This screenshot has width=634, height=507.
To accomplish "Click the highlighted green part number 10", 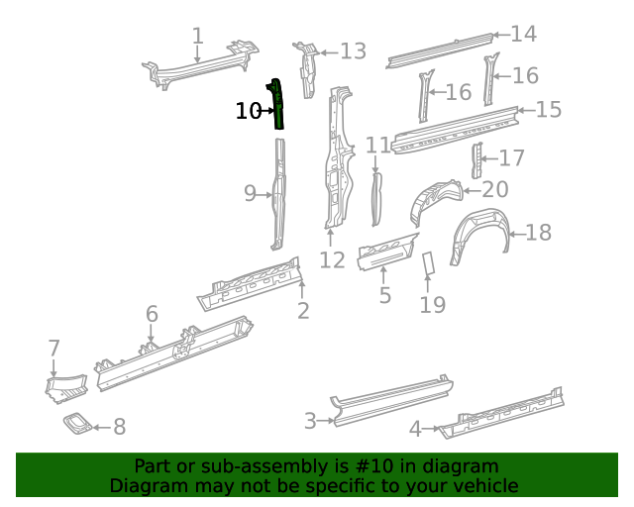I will [x=278, y=105].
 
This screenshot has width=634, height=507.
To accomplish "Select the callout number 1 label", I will [x=198, y=37].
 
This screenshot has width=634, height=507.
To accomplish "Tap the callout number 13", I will [x=353, y=51].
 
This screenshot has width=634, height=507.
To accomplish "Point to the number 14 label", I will [x=523, y=34].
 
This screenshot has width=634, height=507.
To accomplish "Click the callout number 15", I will [x=548, y=109].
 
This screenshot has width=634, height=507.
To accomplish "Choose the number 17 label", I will [x=511, y=158].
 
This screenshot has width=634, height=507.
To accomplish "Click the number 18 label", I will [x=538, y=233].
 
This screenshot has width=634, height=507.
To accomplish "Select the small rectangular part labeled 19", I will [x=430, y=263].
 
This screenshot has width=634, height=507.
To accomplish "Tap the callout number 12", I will [x=332, y=259].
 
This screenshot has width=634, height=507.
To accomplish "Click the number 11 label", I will [x=377, y=147].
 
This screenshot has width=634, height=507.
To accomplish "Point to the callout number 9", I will [x=251, y=194].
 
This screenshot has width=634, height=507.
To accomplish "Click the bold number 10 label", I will [x=249, y=111].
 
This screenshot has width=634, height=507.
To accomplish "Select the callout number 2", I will [x=303, y=311].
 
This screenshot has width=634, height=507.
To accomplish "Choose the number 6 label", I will [x=152, y=314].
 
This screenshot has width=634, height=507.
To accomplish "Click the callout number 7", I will [x=54, y=348].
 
